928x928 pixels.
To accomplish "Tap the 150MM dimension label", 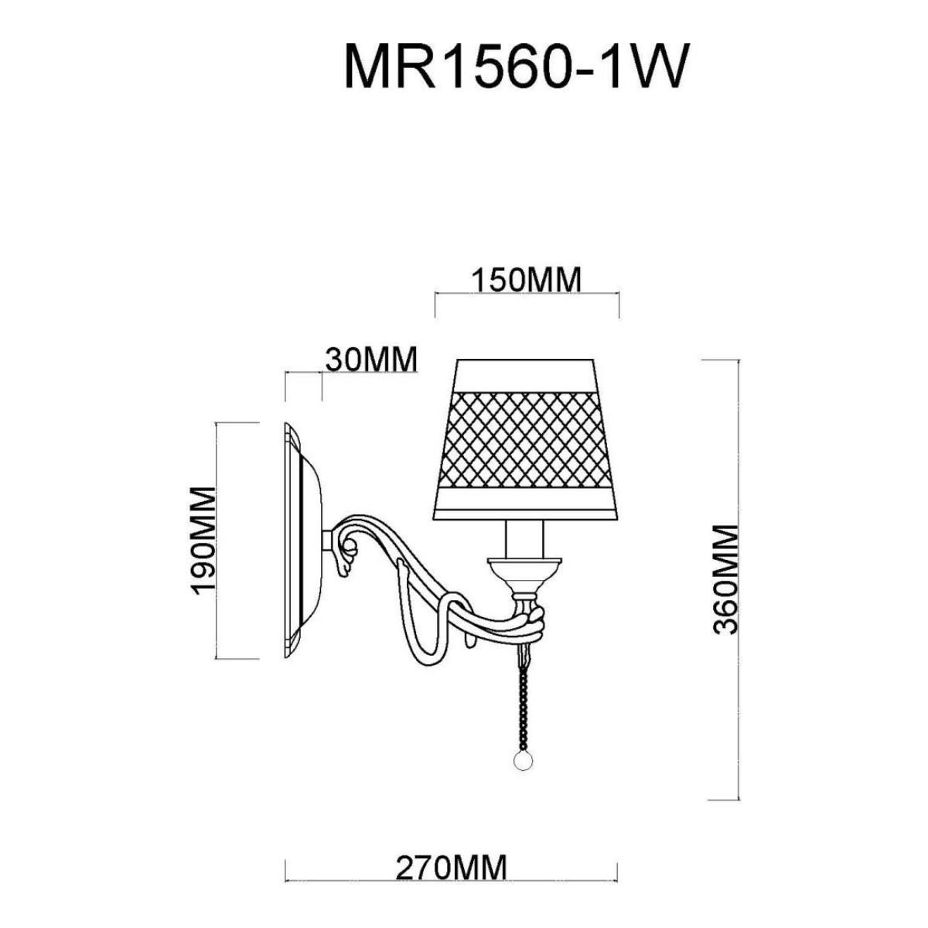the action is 527,280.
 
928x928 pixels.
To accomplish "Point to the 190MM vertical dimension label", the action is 203,541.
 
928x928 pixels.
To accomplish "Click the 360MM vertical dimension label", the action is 725,579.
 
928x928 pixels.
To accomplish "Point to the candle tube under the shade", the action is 524,539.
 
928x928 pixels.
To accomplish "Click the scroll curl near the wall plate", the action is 348,553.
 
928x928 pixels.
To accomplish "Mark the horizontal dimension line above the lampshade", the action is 527,293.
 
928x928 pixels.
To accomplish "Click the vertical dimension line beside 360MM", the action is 738,579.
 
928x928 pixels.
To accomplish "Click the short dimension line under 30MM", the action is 303,372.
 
